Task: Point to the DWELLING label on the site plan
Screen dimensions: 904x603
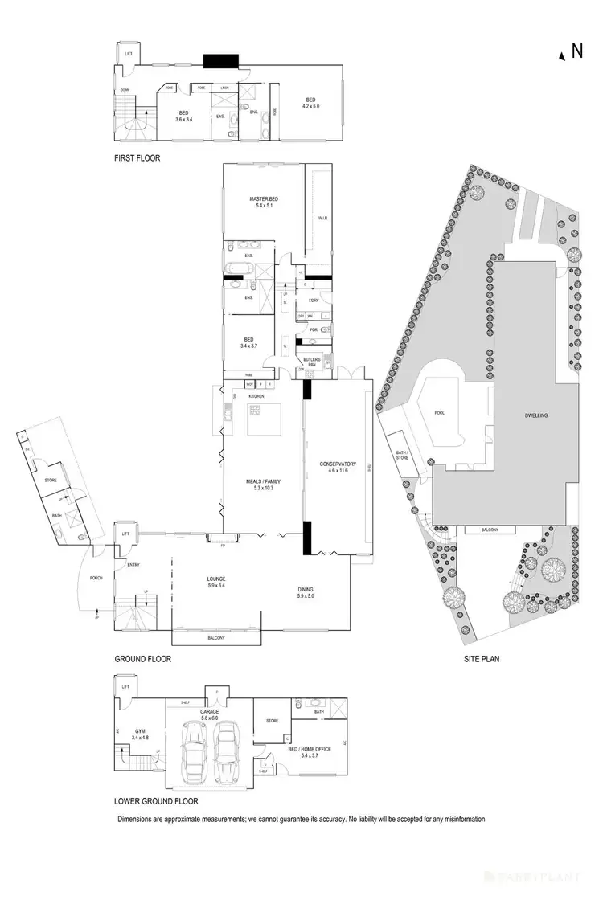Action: tap(535, 415)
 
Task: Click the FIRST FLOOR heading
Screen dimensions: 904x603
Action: tap(137, 158)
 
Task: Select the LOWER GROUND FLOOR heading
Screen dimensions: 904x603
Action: tap(155, 800)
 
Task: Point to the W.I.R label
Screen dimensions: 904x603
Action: tap(321, 218)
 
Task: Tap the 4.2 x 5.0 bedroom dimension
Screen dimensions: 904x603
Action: tap(310, 106)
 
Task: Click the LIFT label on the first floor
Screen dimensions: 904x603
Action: tap(129, 54)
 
